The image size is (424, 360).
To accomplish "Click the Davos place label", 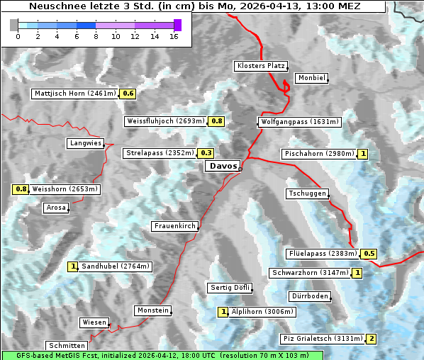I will point(223,167).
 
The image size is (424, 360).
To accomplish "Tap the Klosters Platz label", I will point(260,66).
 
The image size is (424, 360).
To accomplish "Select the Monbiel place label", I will point(311,78).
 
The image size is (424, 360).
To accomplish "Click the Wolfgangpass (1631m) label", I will point(292,122).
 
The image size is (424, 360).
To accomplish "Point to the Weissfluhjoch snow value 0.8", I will point(217,121).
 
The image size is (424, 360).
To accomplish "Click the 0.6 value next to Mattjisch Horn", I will point(128,94).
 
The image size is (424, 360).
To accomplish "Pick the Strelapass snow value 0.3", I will point(206,153).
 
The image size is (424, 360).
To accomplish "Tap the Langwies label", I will point(85,143).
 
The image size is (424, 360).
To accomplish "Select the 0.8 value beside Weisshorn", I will point(21,189).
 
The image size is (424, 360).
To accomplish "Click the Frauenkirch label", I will point(174,226).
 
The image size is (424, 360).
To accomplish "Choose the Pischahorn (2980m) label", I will point(318,154).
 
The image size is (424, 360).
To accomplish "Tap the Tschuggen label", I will point(307,193).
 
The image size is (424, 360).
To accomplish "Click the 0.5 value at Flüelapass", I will point(369,254).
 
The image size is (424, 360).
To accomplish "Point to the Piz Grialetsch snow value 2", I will point(371,339).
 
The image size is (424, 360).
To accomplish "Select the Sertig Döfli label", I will point(230,288).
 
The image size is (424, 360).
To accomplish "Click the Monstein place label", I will point(152,310).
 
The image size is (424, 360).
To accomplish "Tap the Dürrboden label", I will point(309,296).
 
